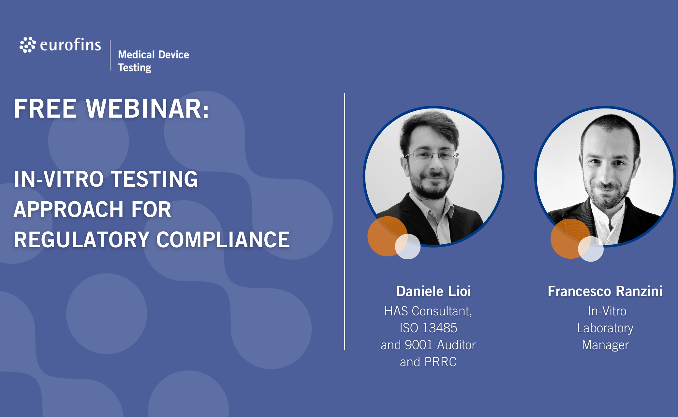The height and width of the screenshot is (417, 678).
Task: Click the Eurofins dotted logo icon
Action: pos(28,45)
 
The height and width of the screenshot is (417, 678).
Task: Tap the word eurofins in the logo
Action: pos(70,45)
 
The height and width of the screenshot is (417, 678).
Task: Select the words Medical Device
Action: pos(154,54)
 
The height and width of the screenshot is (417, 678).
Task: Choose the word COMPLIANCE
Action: pos(223,239)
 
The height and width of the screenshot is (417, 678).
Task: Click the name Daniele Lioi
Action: pos(434,291)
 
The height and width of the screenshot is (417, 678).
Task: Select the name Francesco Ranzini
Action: pos(605,291)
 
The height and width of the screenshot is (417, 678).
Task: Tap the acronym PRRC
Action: pos(440,362)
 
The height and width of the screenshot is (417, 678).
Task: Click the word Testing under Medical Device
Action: pos(135,68)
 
